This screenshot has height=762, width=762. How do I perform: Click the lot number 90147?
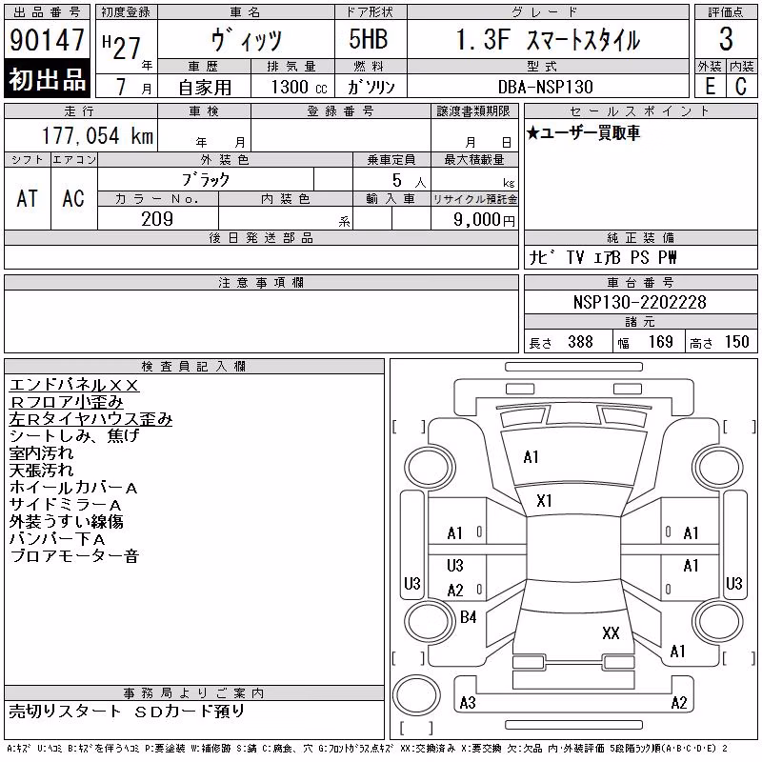(x=47, y=40)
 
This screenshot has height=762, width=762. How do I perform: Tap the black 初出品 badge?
(x=47, y=79)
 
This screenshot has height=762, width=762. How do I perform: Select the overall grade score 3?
(x=726, y=39)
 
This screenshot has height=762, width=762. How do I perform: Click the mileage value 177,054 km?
(x=98, y=135)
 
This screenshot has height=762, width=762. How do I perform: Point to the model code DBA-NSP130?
(x=545, y=87)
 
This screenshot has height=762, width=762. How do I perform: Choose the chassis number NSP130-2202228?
(x=639, y=302)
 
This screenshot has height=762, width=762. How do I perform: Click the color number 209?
(x=157, y=219)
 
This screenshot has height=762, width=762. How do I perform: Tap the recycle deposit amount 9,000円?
(x=484, y=219)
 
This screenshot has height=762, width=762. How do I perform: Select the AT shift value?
(x=27, y=198)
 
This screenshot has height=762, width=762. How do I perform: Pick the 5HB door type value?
(x=369, y=39)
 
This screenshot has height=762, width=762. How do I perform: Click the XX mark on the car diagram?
(x=611, y=633)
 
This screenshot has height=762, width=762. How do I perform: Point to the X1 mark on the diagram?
(x=544, y=501)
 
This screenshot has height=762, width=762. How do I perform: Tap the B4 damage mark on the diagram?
(x=468, y=617)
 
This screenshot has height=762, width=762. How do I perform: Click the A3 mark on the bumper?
(x=468, y=702)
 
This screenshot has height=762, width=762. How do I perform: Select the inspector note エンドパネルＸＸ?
(x=74, y=385)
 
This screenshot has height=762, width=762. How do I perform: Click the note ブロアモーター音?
(x=74, y=555)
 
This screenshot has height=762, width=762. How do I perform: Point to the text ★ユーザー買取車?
(x=583, y=132)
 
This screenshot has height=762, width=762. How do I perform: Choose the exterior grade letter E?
(x=711, y=86)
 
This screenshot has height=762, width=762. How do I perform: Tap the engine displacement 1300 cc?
(x=299, y=87)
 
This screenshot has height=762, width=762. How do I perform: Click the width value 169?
(x=661, y=342)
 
